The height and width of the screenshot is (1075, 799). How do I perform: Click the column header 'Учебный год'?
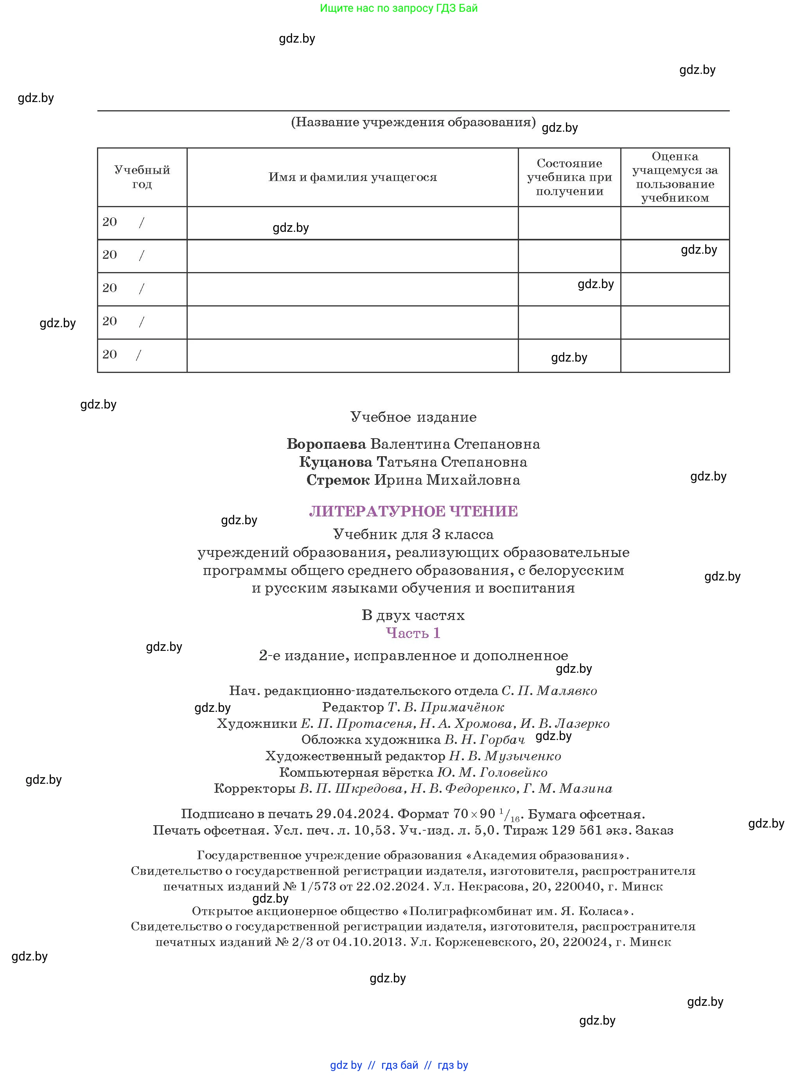pos(142,177)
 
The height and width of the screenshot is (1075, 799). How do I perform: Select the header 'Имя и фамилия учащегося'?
pos(353,177)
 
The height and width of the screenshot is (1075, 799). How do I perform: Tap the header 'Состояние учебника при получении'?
pos(569,177)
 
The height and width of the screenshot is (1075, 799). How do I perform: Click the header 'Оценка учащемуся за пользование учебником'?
pos(675,177)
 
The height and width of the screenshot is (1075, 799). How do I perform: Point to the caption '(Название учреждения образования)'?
pos(413,122)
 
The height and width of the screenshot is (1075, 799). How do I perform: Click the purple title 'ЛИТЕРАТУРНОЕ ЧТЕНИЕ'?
pos(413,511)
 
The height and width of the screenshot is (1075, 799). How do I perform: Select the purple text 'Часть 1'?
pos(413,633)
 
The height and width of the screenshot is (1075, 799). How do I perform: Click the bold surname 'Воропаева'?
pos(327,444)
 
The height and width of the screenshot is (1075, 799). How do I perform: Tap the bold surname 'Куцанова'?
pos(336,462)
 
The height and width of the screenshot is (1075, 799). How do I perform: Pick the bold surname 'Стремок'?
pos(338,480)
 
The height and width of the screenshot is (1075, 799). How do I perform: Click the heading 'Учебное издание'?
pos(413,417)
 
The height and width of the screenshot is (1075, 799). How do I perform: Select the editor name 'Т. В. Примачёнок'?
pos(445,707)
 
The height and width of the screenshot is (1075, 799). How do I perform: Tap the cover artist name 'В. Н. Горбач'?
pos(484,740)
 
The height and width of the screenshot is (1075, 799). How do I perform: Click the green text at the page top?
pos(399,8)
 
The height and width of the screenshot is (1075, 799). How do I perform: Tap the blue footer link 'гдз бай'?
pos(400,1065)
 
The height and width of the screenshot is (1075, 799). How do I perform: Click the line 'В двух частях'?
pos(413,615)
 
